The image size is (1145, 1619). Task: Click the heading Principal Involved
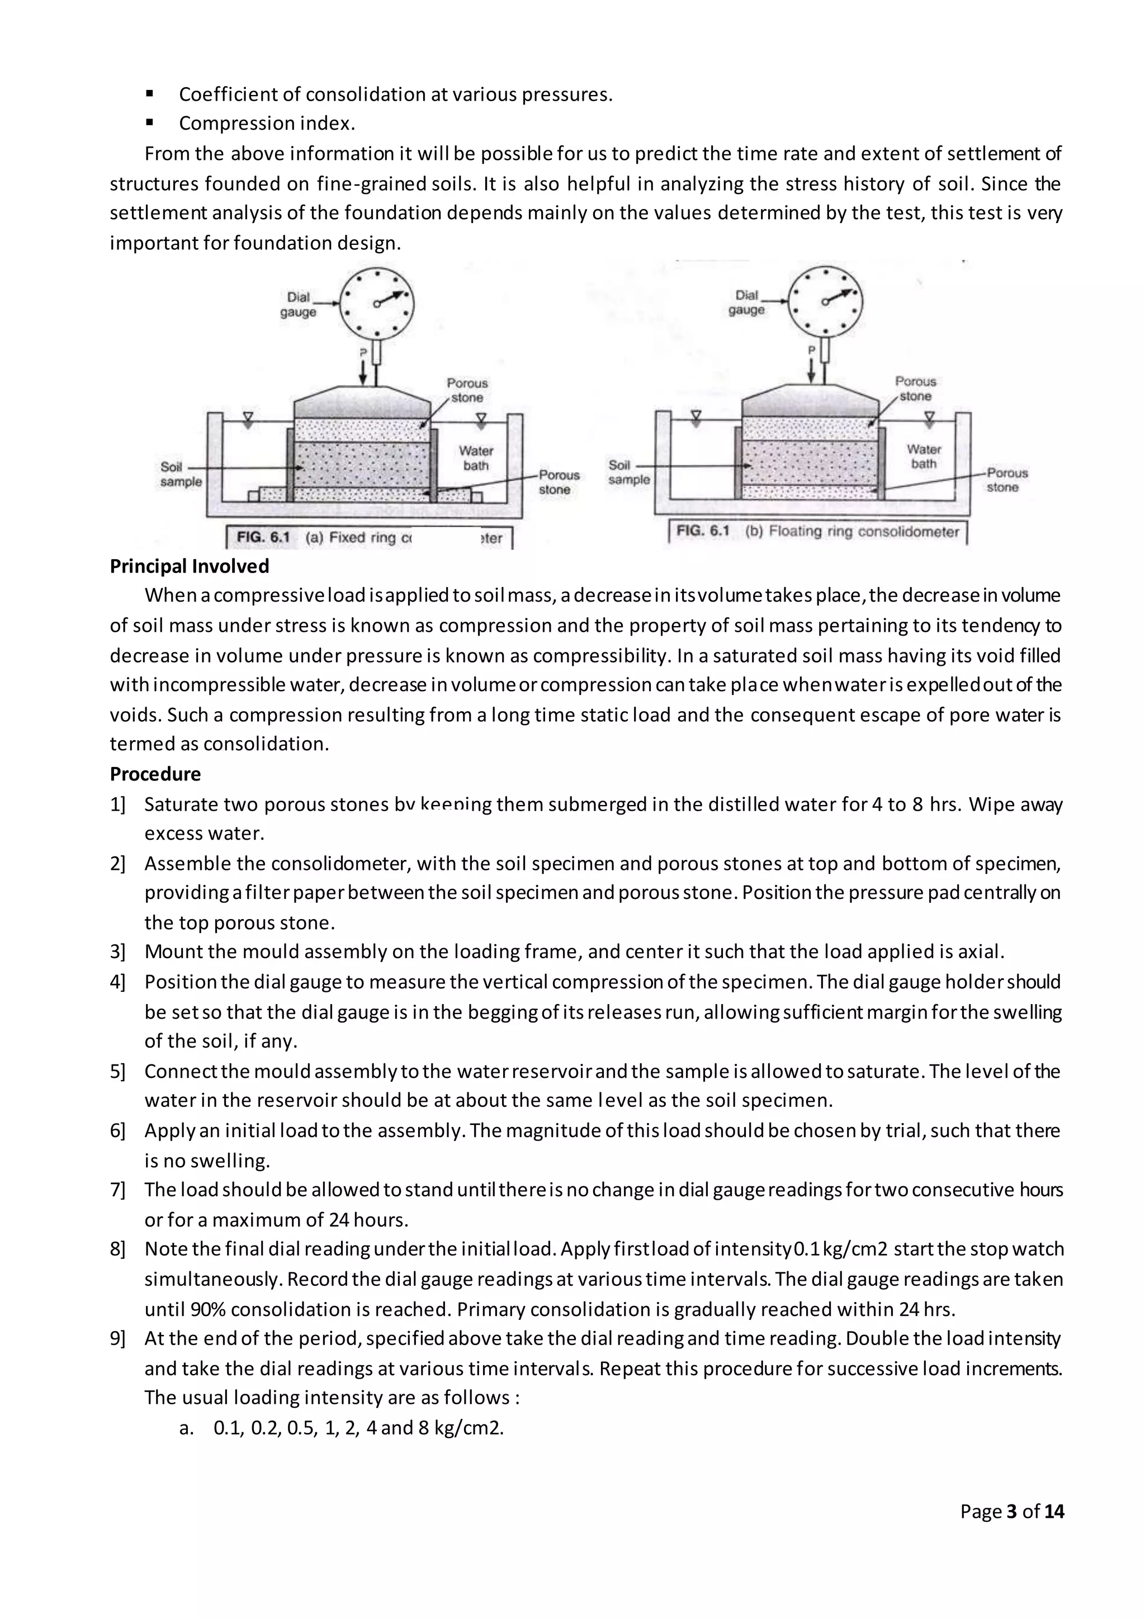(189, 566)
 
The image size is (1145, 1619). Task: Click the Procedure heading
(155, 774)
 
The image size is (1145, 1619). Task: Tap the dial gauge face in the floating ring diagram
(825, 302)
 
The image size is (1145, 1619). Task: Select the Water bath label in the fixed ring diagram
(476, 458)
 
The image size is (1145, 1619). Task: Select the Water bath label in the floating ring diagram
(924, 456)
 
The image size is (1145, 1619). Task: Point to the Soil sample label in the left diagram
(181, 475)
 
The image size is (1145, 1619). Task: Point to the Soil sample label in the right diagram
(629, 472)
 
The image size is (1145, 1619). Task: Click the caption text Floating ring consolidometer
(864, 532)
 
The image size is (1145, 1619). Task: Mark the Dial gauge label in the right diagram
(746, 302)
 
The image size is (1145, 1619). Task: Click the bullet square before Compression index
(149, 122)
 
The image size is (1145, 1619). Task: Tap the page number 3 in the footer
(1012, 1511)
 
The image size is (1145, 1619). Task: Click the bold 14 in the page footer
(1054, 1511)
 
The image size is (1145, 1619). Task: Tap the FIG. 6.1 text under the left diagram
(263, 537)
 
